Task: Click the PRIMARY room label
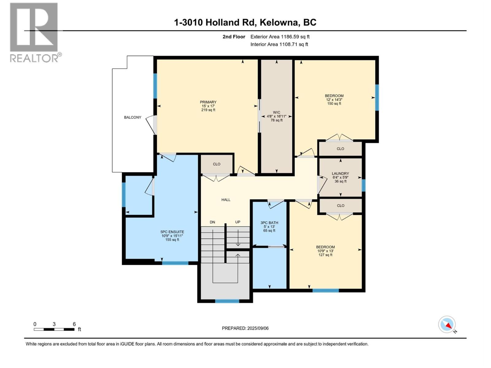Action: pos(208,102)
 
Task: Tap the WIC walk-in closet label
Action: pos(276,113)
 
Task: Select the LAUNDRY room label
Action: pos(340,174)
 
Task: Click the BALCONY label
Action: pos(133,117)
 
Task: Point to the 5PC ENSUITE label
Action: pos(172,232)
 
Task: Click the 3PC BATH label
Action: pos(269,223)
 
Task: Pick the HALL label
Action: pos(226,200)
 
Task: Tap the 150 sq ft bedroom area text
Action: pos(334,104)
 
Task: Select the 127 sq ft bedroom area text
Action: pos(325,255)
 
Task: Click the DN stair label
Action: pos(212,222)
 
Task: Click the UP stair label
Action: pos(238,222)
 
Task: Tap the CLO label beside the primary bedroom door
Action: pos(217,164)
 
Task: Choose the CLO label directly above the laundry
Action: pos(340,149)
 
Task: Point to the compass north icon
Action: pos(447,324)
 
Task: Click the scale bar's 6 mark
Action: pos(74,324)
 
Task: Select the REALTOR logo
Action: pos(34,32)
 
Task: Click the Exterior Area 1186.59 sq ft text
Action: pos(280,37)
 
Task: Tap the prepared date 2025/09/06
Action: pos(257,328)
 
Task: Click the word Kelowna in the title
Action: pos(279,22)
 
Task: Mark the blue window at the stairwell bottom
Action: pos(227,301)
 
